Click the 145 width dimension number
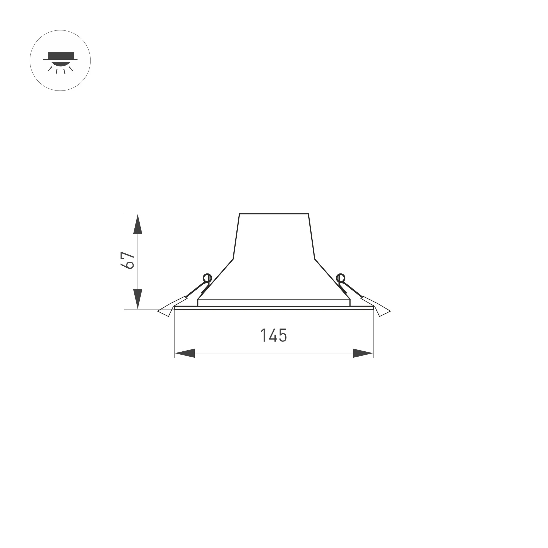pyautogui.click(x=274, y=335)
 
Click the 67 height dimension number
pyautogui.click(x=127, y=260)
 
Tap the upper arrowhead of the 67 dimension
pyautogui.click(x=138, y=224)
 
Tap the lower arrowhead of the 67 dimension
pyautogui.click(x=138, y=299)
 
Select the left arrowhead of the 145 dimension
pyautogui.click(x=185, y=353)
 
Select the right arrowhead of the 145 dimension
pyautogui.click(x=363, y=353)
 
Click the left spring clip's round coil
pyautogui.click(x=207, y=278)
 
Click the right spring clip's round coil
pyautogui.click(x=340, y=278)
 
